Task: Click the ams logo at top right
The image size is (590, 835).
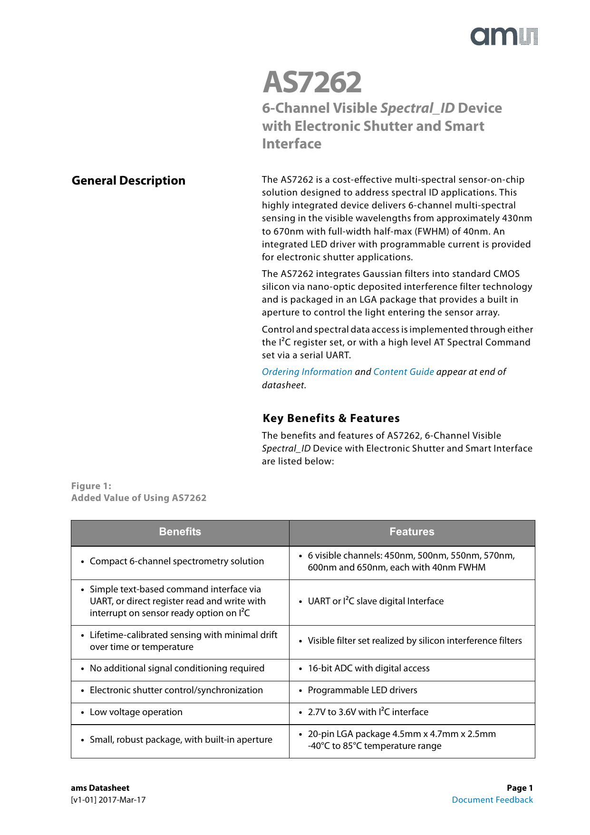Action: point(504,37)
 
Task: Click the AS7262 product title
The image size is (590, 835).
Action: point(312,82)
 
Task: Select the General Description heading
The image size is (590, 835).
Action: point(128,181)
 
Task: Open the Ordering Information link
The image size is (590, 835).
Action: point(307,372)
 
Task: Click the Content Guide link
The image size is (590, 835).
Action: point(404,372)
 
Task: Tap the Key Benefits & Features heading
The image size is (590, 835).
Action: point(331,418)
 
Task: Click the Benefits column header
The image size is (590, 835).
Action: point(180,532)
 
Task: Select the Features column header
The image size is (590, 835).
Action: point(412,532)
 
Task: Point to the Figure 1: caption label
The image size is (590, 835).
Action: point(91,486)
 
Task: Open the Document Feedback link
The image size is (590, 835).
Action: point(492,800)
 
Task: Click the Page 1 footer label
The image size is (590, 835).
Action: point(520,788)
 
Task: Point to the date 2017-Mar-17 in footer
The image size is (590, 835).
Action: point(122,800)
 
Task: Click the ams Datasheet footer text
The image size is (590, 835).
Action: point(100,788)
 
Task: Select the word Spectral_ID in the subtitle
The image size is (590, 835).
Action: point(417,108)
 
